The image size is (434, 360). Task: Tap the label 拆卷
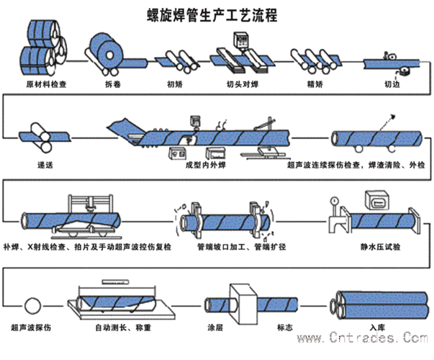click(x=105, y=84)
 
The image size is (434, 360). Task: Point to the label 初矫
click(x=175, y=84)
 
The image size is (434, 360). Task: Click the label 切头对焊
click(x=238, y=84)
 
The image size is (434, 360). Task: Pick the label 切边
click(x=393, y=84)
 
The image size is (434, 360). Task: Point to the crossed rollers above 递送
click(x=40, y=138)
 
